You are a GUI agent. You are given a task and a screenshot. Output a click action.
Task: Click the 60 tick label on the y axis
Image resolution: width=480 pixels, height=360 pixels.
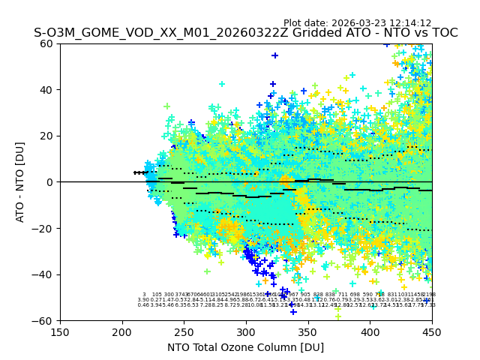coord(47,43)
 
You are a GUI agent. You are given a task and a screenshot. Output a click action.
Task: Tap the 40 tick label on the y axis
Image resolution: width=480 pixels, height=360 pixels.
coord(47,90)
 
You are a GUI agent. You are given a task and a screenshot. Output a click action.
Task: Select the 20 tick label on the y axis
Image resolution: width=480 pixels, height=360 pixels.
coord(47,136)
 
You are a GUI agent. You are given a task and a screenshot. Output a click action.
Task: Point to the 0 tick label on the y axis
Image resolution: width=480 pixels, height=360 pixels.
coord(50,182)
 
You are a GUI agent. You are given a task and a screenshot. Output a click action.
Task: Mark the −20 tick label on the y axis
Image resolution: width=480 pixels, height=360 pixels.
coord(43,228)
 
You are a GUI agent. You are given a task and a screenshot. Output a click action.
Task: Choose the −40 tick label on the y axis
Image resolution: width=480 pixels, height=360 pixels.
coord(43,274)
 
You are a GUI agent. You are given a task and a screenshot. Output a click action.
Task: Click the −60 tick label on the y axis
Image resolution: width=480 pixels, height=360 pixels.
coord(43,320)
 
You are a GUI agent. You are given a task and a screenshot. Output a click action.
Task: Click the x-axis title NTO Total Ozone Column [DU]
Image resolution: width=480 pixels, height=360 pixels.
coord(246,347)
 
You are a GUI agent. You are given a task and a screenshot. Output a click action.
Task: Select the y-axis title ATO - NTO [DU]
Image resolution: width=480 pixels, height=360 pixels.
coord(21,181)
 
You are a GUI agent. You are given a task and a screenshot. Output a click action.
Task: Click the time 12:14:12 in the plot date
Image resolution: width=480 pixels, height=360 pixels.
coord(408,23)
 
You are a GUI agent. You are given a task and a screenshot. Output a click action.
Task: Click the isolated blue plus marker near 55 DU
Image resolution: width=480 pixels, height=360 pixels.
coord(275,55)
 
